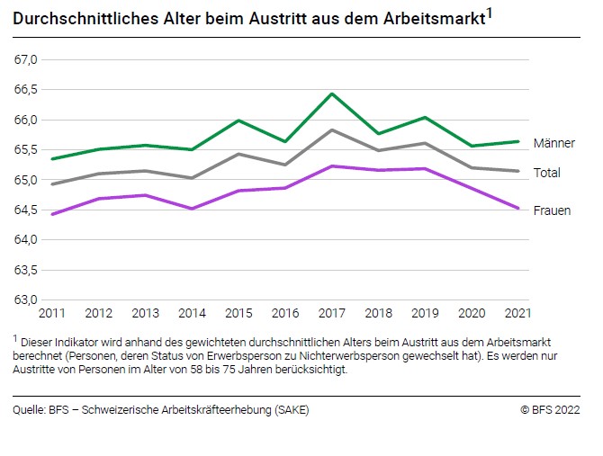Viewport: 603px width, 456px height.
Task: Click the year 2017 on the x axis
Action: (331, 314)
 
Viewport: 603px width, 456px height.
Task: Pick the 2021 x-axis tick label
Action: (517, 314)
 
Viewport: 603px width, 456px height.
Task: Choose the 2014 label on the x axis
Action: (192, 314)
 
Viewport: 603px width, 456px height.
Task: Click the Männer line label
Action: (553, 143)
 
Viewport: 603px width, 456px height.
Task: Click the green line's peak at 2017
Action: (332, 94)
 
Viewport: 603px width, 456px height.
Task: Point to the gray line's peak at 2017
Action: (332, 130)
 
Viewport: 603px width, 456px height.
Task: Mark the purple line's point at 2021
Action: (517, 208)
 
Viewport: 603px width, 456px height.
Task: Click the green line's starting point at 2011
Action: (51, 159)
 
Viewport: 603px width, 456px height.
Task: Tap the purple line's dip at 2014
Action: (192, 209)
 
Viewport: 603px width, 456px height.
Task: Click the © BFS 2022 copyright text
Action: (549, 410)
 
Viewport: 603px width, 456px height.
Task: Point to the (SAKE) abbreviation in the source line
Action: (289, 410)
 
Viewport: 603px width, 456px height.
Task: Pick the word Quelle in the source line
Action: (30, 410)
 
